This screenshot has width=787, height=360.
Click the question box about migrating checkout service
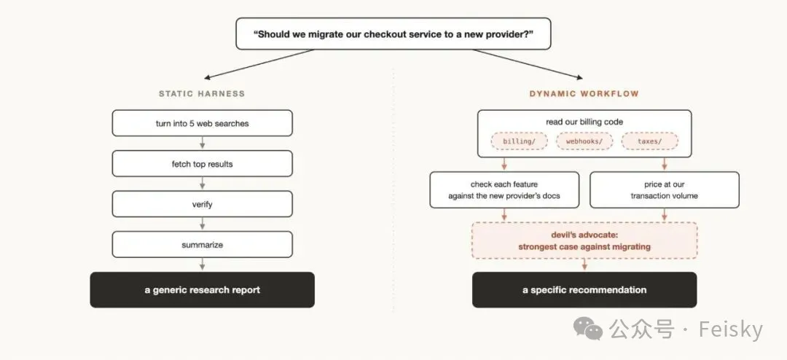pos(393,34)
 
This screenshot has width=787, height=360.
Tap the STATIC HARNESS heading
pos(202,93)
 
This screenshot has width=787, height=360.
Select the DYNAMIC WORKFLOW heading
pos(584,93)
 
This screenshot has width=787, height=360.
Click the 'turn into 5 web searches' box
pos(203,123)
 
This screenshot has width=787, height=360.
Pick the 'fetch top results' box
pos(203,164)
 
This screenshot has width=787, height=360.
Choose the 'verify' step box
pos(203,204)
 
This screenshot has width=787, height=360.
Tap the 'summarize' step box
pos(203,245)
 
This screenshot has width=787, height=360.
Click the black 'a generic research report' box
pos(203,290)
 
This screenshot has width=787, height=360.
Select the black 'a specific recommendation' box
pos(584,290)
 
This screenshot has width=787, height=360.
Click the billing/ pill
pos(519,141)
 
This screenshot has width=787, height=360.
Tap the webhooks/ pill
pos(584,141)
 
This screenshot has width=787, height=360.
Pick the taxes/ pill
pos(650,141)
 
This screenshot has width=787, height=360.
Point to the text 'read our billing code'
pos(584,122)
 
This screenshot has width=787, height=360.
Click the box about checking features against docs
pos(504,189)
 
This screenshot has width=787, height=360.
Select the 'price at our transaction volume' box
pos(665,189)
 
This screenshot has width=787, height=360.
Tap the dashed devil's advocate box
pos(584,240)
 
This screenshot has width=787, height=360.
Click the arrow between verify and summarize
pos(203,224)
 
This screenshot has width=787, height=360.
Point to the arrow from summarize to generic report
pos(203,264)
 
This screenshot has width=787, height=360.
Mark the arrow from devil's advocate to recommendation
pos(584,265)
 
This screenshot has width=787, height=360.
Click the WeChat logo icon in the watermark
pos(588,328)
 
